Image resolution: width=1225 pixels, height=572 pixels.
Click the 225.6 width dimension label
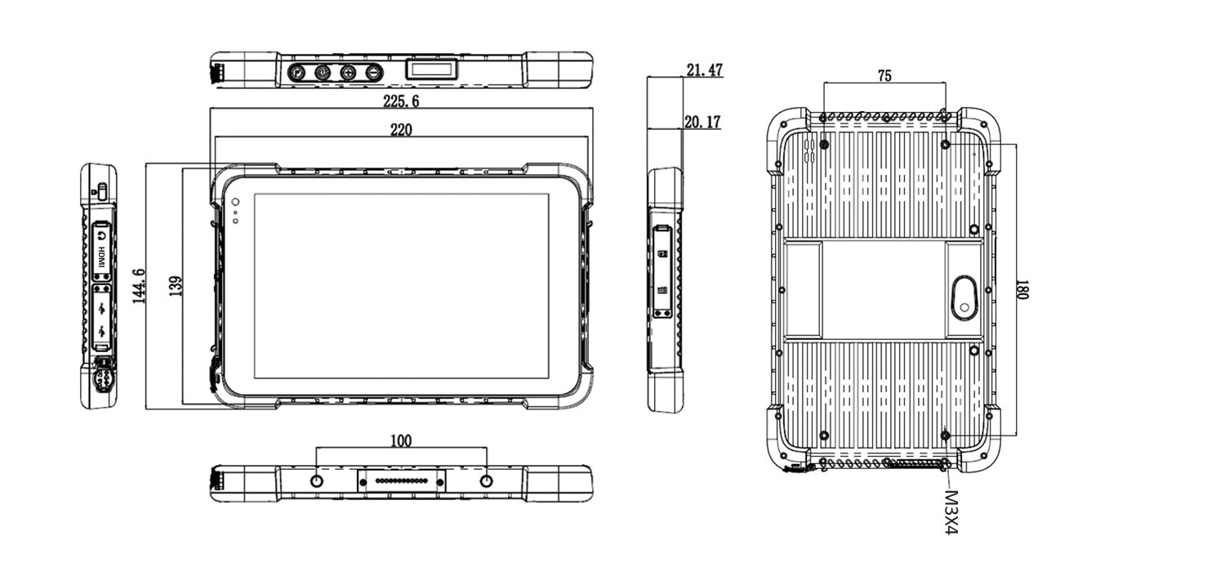point(401,101)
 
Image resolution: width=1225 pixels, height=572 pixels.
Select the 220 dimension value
point(400,129)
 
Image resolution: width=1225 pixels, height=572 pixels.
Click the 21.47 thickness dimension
point(704,70)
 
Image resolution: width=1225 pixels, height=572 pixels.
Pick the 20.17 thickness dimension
point(702,123)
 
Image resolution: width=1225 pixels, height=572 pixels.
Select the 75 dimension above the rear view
point(884,76)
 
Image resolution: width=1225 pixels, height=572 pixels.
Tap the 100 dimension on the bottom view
point(400,441)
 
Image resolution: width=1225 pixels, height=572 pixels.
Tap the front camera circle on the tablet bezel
point(235,202)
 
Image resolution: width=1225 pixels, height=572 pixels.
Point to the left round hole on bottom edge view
point(317,481)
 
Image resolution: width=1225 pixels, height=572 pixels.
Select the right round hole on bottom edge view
point(487,481)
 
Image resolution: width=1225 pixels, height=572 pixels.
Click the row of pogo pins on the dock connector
point(400,482)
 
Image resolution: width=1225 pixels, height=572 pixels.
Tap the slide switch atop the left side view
point(100,193)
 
